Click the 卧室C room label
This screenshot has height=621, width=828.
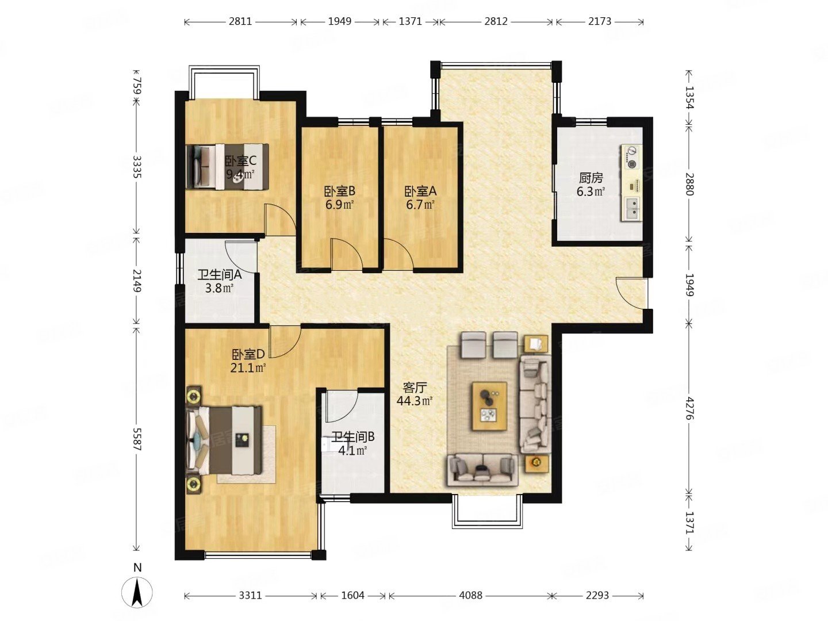(x=241, y=162)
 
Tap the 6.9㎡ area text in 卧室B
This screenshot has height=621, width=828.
(x=339, y=205)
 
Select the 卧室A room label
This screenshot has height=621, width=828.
(x=420, y=191)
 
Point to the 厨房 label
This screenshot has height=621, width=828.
(x=591, y=178)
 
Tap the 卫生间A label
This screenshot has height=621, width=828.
(x=220, y=275)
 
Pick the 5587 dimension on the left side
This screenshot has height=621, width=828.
(x=136, y=439)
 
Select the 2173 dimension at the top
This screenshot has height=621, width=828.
(x=599, y=21)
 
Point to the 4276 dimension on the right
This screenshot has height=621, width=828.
(x=689, y=408)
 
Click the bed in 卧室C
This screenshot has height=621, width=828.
(x=228, y=166)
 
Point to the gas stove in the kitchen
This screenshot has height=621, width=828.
(x=631, y=158)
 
